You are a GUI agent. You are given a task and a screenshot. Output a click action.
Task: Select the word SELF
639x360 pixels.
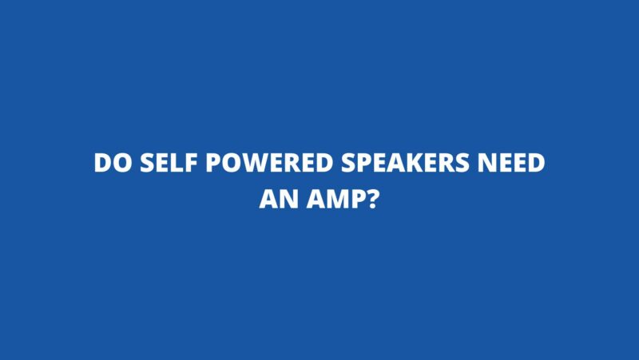point(168,163)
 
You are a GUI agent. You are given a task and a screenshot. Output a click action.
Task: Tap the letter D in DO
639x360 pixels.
point(101,163)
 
